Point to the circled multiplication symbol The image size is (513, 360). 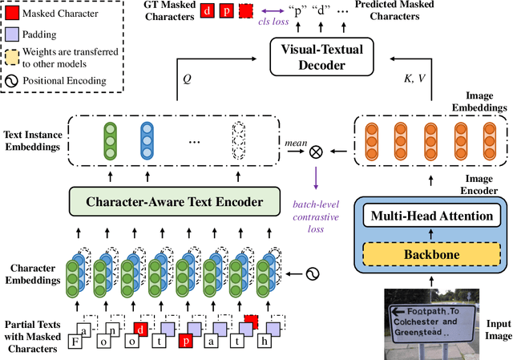(315, 148)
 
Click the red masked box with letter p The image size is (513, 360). (185, 341)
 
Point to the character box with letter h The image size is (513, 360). (262, 341)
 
